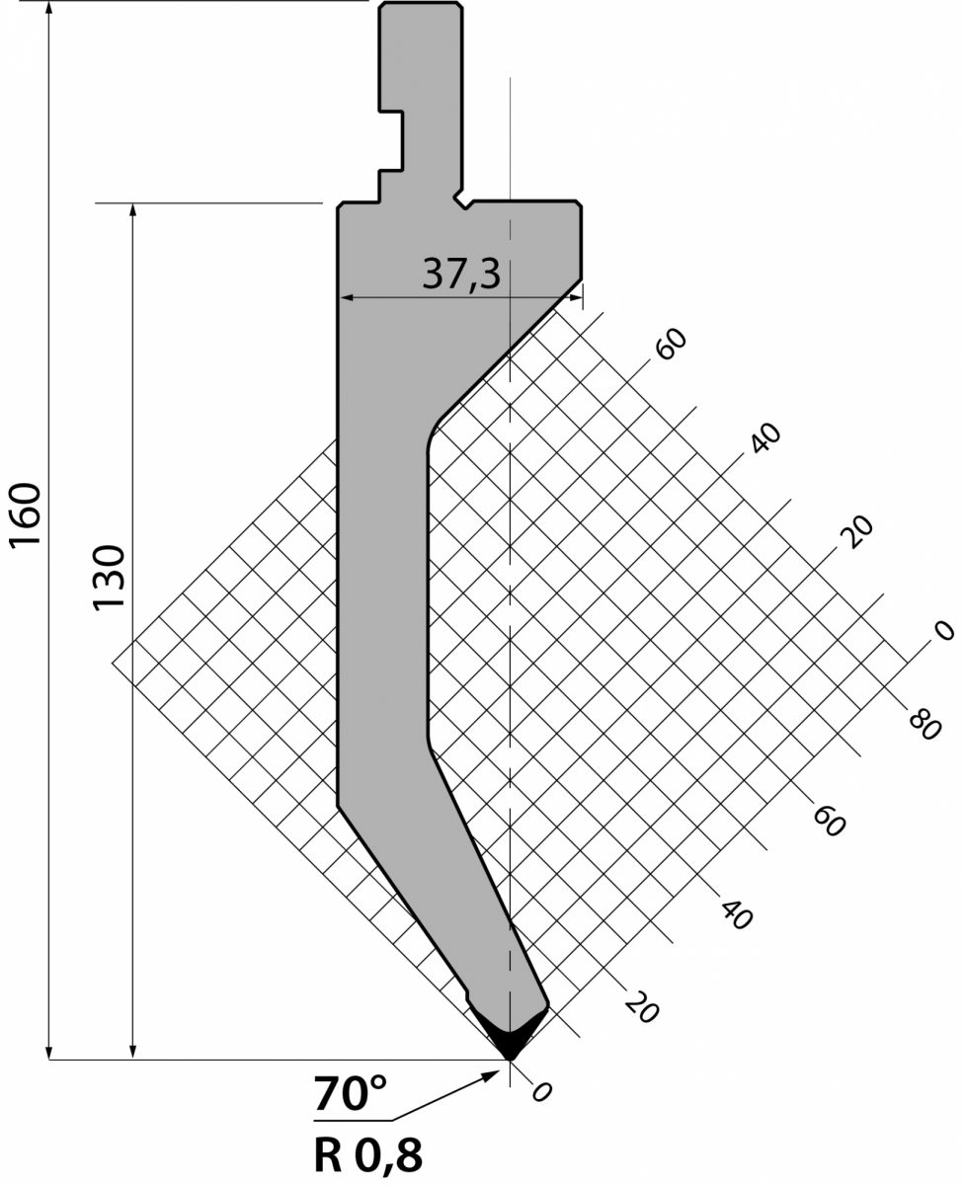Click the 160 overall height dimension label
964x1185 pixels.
point(26,515)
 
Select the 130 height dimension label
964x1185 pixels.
point(109,578)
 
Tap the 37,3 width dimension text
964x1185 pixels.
point(461,275)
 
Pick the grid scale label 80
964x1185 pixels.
point(924,725)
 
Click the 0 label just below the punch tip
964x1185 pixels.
point(541,1092)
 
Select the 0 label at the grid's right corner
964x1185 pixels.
point(944,630)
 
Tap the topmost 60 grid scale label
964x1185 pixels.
point(672,344)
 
